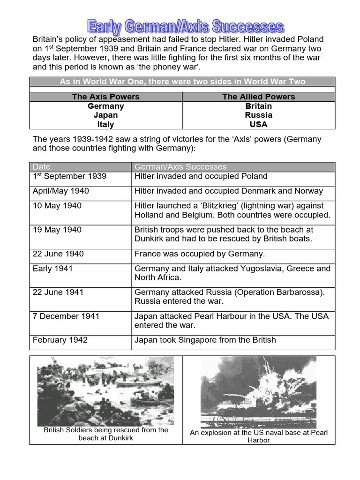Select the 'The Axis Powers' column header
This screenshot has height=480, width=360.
[x=105, y=97]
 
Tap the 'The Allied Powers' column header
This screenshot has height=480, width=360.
[x=258, y=97]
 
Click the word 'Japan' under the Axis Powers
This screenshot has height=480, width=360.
[x=105, y=115]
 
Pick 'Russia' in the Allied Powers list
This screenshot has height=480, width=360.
[x=258, y=115]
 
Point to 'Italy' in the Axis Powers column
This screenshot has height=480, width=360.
[x=105, y=124]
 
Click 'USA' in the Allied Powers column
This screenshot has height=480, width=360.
[x=258, y=124]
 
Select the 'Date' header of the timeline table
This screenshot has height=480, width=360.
[x=42, y=167]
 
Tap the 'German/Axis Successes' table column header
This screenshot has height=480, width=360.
[x=180, y=167]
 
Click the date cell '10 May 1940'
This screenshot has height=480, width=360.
[x=57, y=206]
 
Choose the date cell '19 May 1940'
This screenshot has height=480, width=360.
[x=57, y=230]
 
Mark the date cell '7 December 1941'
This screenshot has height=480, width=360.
[x=66, y=316]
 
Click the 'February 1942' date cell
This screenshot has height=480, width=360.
[x=60, y=340]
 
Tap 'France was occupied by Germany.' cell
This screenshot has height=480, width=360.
[x=200, y=254]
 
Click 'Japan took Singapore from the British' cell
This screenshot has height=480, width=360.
[x=205, y=340]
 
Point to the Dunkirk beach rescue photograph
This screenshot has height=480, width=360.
[x=105, y=390]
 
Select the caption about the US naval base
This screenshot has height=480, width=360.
[x=258, y=436]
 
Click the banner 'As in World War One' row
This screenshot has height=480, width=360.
[x=182, y=82]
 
